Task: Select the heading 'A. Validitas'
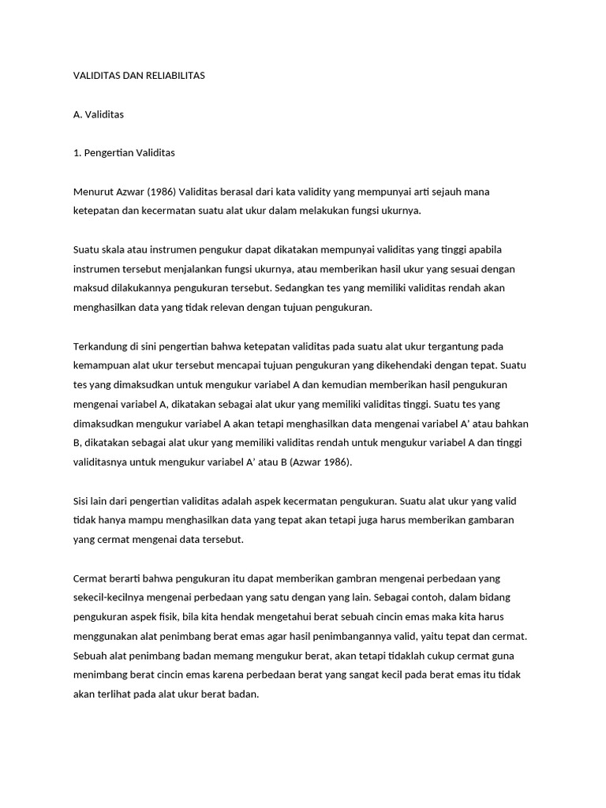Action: point(98,114)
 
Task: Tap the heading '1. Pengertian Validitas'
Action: point(123,153)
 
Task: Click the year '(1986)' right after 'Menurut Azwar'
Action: point(159,192)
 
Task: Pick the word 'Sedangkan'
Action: point(305,288)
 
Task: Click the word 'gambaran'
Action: point(487,521)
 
